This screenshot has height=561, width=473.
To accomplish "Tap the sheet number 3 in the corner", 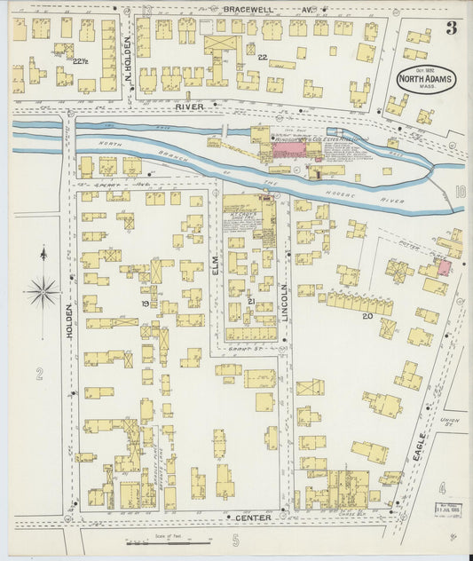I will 451,28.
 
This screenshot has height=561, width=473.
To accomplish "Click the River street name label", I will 190,107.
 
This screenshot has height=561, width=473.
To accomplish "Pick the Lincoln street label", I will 284,301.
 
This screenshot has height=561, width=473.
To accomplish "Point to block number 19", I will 144,304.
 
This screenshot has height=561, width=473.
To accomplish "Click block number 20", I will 366,314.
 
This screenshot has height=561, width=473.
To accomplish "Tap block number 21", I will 251,303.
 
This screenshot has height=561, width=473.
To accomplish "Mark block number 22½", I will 80,60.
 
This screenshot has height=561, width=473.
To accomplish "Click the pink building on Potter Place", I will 444,267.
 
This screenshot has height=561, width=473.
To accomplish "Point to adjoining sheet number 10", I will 460,191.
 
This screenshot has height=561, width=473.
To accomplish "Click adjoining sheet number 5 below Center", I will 236,539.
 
